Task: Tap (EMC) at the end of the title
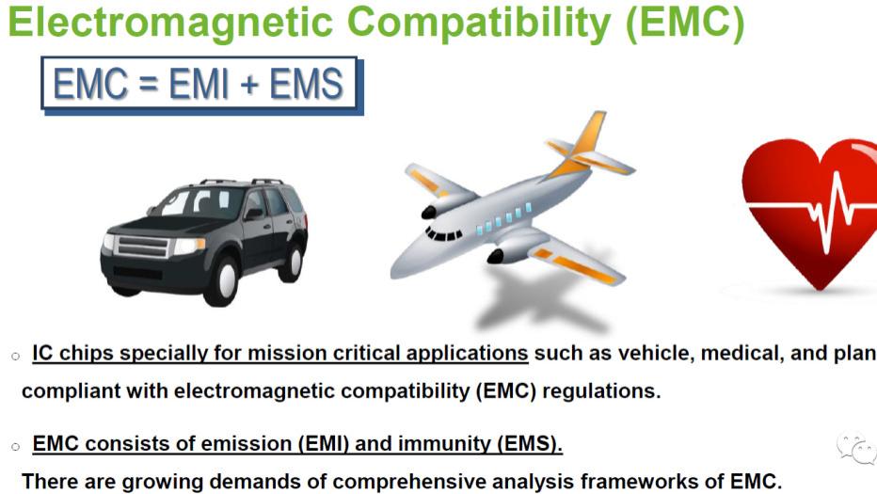(684, 22)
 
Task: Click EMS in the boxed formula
(306, 86)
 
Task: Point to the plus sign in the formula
(248, 87)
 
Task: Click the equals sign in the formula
(147, 87)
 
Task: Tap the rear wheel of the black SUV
(291, 260)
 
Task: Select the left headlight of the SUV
(188, 247)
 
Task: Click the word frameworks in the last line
(639, 481)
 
